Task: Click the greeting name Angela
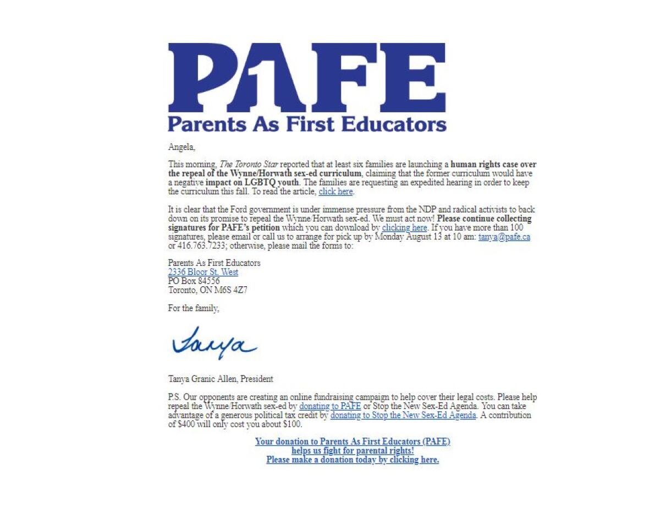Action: click(182, 147)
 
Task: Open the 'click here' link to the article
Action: click(335, 192)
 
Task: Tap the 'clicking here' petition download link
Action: click(404, 227)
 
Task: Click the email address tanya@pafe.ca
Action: click(504, 237)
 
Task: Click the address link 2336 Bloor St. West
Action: click(203, 272)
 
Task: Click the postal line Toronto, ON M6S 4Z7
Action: click(207, 290)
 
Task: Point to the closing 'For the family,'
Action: click(194, 308)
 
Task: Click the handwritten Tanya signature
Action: click(213, 343)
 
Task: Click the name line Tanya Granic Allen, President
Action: click(221, 379)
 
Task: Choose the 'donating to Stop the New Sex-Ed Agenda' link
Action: click(403, 416)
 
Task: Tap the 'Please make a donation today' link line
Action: click(353, 460)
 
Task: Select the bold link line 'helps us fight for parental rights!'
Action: click(353, 451)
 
